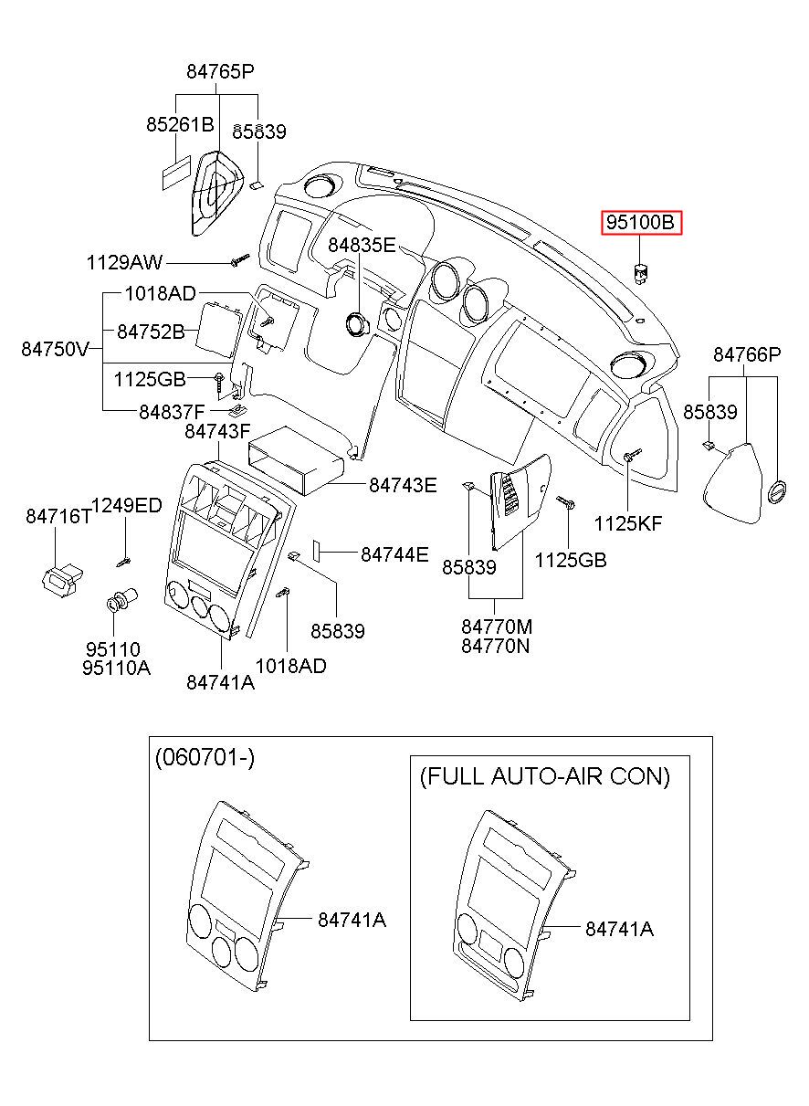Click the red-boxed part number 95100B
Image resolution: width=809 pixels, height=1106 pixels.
tap(641, 223)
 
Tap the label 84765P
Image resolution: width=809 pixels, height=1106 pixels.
tap(220, 72)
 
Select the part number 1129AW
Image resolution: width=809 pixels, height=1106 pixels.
tap(124, 262)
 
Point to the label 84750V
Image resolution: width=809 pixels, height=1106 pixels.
tap(55, 349)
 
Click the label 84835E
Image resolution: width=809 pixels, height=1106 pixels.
tap(362, 245)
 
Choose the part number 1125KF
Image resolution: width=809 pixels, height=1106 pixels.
tap(627, 523)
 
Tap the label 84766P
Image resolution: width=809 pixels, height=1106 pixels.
tap(747, 354)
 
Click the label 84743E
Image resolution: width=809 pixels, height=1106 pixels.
tap(403, 485)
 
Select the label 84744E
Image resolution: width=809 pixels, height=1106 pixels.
tap(394, 554)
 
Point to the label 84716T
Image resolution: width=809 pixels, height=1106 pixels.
tap(58, 516)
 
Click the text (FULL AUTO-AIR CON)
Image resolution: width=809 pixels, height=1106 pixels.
tap(545, 776)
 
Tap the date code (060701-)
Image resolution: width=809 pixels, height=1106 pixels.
tap(205, 757)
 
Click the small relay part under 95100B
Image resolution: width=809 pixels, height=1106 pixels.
tap(641, 274)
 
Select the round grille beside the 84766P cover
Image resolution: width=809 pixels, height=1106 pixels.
tap(777, 491)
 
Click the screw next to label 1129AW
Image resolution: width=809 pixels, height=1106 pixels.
tap(240, 259)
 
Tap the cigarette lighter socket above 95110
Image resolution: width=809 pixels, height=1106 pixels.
tap(122, 599)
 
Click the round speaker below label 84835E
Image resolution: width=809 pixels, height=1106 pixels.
tap(359, 324)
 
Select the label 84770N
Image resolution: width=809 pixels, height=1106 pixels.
tap(495, 646)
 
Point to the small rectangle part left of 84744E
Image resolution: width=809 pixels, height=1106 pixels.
tap(316, 551)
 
